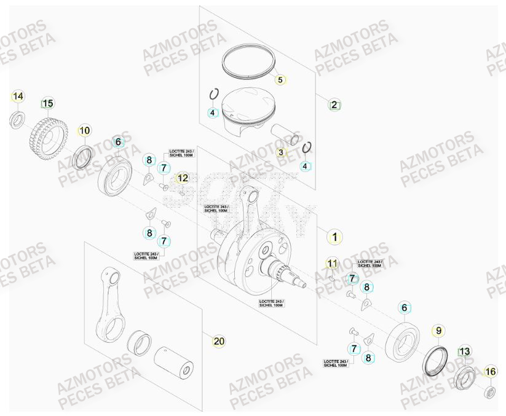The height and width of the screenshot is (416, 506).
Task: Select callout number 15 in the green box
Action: point(48,103)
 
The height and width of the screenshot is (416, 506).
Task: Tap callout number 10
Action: point(84,130)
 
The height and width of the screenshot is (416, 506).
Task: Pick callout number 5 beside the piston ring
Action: point(280,80)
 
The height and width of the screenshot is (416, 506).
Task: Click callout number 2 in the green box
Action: point(334,104)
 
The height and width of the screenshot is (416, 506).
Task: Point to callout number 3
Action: point(280,152)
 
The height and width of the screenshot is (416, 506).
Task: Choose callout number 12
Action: point(183,178)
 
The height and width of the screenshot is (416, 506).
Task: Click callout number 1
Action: point(334,237)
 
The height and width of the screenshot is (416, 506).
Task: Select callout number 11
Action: point(332,264)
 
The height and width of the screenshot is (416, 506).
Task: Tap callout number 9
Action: point(438,331)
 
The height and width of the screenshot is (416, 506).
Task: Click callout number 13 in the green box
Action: point(465,351)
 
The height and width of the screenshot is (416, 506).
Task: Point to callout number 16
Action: point(490,371)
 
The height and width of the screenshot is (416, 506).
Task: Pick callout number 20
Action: point(219,341)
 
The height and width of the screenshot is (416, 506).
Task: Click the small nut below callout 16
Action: point(491,391)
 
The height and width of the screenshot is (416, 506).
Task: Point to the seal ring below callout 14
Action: point(18,119)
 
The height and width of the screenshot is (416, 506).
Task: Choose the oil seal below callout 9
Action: point(437,362)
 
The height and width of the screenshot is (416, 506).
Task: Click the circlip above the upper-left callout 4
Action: point(214,94)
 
